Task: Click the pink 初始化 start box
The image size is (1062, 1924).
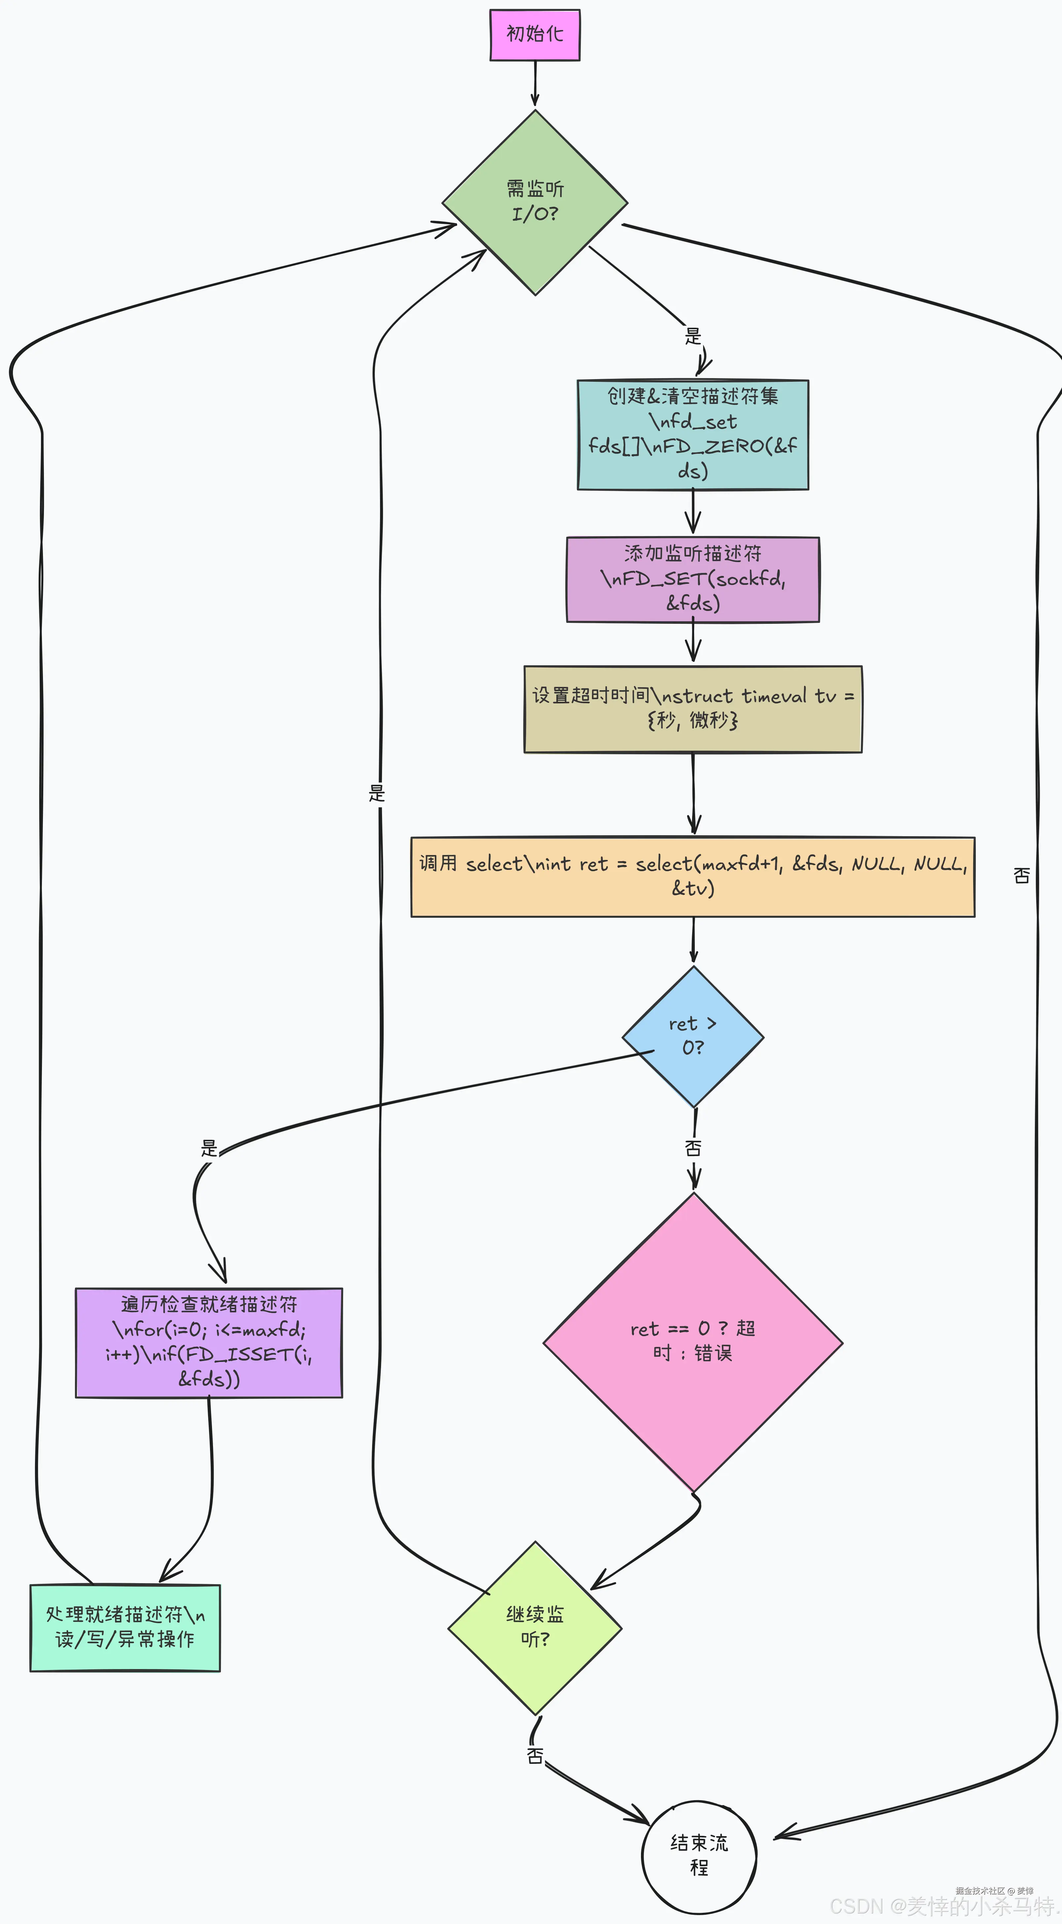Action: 535,34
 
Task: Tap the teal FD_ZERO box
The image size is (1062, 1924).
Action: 693,435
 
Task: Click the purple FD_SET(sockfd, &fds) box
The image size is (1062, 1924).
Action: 693,579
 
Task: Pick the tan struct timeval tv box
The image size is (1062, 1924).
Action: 693,709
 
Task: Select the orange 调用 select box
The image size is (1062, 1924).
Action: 693,876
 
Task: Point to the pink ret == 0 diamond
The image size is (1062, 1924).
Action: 693,1342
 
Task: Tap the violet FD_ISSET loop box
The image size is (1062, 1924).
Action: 209,1342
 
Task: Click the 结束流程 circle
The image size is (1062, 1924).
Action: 699,1856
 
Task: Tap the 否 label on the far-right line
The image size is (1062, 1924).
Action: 1022,875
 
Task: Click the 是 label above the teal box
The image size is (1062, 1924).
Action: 693,336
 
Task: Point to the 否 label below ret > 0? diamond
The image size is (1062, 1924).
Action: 693,1148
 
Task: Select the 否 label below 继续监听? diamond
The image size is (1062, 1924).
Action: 535,1755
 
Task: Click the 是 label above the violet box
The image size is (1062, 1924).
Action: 209,1148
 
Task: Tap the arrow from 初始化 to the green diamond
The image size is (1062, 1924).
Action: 535,84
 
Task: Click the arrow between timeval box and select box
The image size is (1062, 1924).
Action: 694,794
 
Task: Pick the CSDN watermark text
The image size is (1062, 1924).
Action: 942,1906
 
